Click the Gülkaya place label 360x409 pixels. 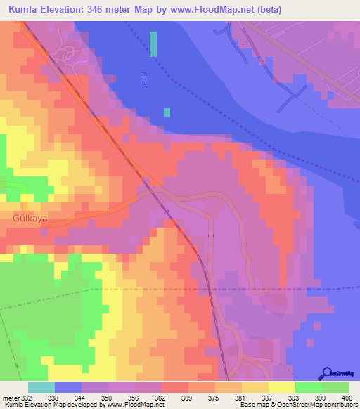[x=30, y=219]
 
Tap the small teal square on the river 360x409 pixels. [x=167, y=112]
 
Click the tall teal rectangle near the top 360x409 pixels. [x=153, y=44]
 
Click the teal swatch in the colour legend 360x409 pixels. [x=41, y=387]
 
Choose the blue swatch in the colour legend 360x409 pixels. [x=68, y=387]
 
